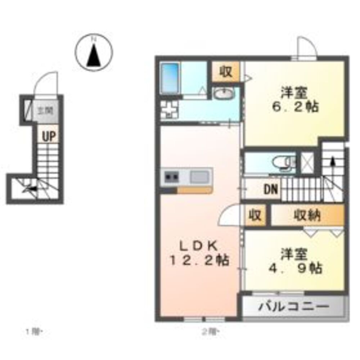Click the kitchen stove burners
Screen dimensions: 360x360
pos(171,177)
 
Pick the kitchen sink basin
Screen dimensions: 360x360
pos(199,177)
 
